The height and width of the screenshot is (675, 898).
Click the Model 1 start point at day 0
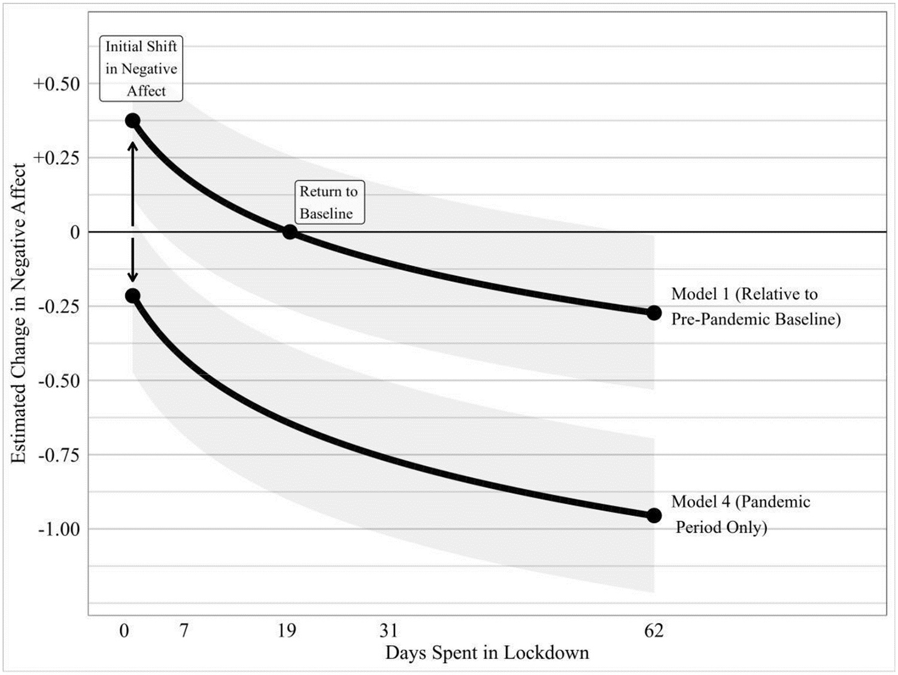point(132,121)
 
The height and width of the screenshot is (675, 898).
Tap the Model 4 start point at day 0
point(132,296)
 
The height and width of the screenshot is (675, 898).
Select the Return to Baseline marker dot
point(290,232)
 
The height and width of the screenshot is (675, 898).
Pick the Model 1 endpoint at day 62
point(654,312)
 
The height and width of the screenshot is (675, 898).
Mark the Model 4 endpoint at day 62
point(654,515)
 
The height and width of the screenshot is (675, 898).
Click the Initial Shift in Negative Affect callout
point(141,69)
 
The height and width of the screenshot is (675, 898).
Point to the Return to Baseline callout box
point(329,202)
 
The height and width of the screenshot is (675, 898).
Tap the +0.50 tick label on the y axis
point(56,84)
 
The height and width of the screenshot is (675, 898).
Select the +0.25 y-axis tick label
point(56,158)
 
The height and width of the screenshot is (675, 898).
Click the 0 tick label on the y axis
point(74,232)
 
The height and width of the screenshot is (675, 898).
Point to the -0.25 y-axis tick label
point(59,306)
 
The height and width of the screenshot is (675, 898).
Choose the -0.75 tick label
point(59,455)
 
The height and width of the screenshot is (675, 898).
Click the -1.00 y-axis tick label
point(59,529)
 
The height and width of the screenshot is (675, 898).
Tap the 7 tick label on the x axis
point(184,630)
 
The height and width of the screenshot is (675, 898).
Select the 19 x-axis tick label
point(287,630)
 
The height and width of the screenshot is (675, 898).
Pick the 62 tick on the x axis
point(654,630)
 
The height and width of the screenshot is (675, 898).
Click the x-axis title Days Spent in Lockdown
point(487,652)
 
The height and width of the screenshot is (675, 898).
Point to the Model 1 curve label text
point(756,306)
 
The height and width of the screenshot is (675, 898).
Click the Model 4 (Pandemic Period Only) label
point(741,514)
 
